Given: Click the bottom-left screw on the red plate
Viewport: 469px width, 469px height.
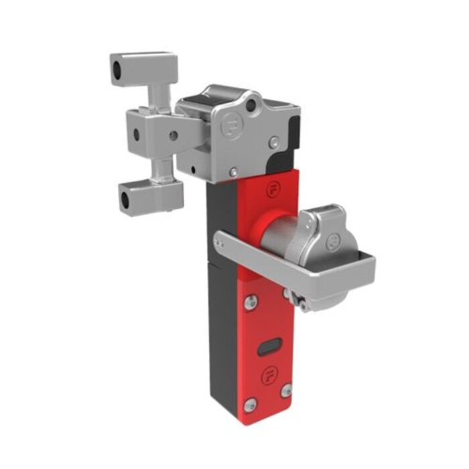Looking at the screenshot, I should point(251,404).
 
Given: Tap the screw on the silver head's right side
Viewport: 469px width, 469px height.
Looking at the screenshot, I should point(274,141).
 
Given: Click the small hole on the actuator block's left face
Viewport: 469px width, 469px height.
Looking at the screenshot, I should point(137,134).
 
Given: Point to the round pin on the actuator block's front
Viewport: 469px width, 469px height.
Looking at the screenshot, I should point(174,136).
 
